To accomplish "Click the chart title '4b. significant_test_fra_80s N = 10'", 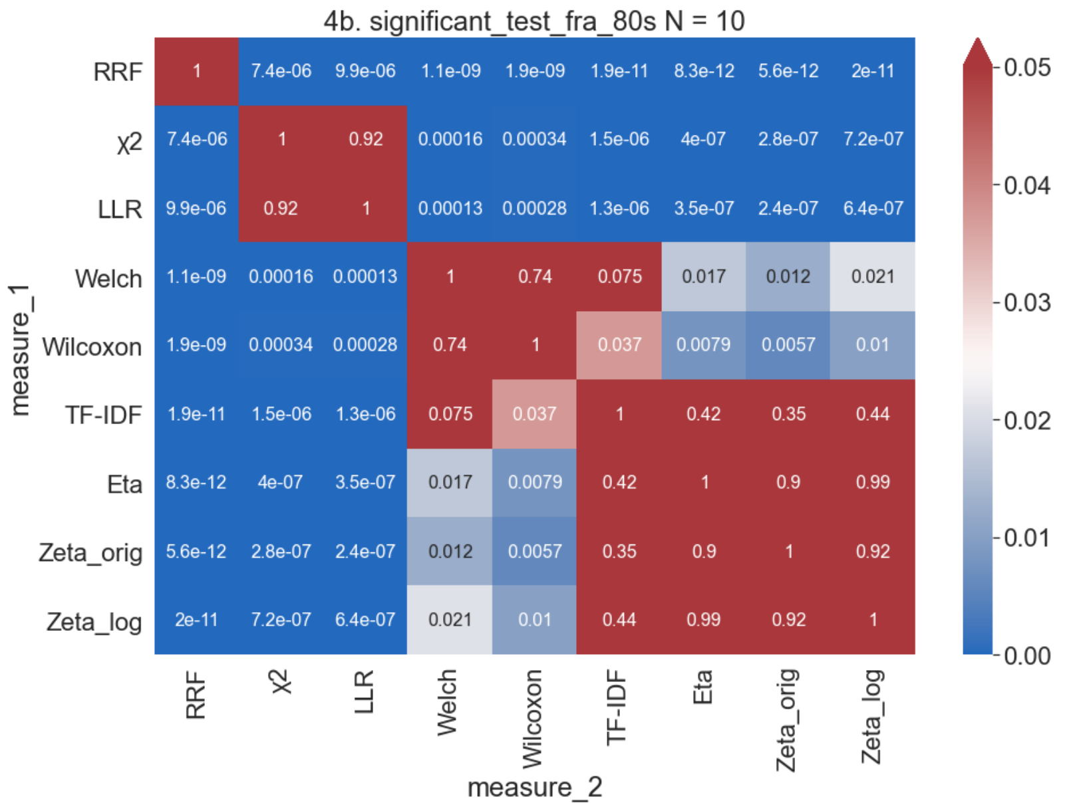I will (533, 21).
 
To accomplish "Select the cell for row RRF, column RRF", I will (197, 71).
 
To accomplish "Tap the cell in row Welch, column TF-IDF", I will (619, 277).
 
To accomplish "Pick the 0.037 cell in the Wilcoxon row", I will (619, 345).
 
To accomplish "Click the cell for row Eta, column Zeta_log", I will (873, 482).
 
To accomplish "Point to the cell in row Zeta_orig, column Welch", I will (450, 551).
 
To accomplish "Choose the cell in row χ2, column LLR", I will (366, 140).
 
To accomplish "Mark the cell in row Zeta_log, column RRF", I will (197, 620).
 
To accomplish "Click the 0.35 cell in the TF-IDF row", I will (788, 414).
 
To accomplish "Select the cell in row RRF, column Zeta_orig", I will (788, 71).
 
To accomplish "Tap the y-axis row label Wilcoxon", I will (92, 347).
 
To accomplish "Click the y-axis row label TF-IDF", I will (103, 415).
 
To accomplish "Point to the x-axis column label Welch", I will (447, 703).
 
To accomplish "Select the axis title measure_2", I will (535, 788).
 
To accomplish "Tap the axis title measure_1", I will (20, 350).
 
